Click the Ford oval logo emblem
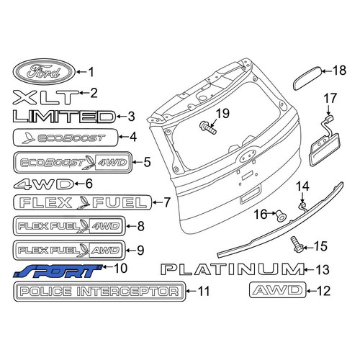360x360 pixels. click(x=44, y=72)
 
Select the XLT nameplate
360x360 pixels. click(x=45, y=97)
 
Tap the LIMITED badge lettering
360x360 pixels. click(x=64, y=117)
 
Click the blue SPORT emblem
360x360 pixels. click(x=58, y=271)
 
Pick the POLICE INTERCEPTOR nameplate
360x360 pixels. click(x=99, y=292)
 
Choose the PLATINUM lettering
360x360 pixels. click(x=233, y=269)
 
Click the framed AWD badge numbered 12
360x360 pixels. click(x=278, y=290)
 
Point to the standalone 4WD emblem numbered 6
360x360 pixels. click(x=43, y=184)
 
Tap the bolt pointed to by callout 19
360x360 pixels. click(x=207, y=127)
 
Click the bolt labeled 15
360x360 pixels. click(x=296, y=244)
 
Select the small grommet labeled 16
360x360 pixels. click(x=281, y=216)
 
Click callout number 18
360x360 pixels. click(x=339, y=71)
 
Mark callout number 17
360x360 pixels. click(x=330, y=99)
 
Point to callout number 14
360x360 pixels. click(x=302, y=186)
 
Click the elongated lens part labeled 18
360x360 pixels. click(x=308, y=78)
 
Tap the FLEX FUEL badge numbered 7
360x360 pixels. click(x=83, y=202)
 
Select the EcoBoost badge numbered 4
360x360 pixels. click(x=66, y=138)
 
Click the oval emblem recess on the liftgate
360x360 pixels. click(x=247, y=156)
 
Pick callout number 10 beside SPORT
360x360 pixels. click(x=120, y=268)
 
